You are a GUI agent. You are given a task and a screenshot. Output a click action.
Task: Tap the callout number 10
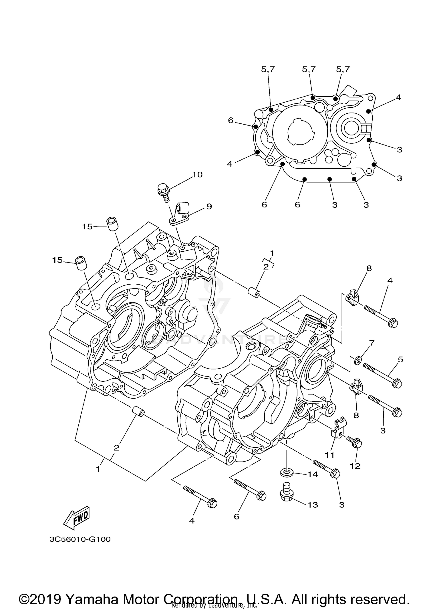coord(197,175)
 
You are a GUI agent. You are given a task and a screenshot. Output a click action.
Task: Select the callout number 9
coord(209,206)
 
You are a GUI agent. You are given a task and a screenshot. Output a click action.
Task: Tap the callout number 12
coord(355,466)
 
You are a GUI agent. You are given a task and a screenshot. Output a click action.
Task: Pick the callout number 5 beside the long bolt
coord(400,360)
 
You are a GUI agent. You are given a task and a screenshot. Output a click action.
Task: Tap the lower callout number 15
coord(57,260)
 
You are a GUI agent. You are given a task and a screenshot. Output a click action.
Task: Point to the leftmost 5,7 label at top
coord(268,69)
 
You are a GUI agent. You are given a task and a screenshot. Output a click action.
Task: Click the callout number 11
coord(329,455)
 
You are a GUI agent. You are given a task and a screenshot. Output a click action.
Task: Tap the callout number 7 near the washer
coord(372,343)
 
